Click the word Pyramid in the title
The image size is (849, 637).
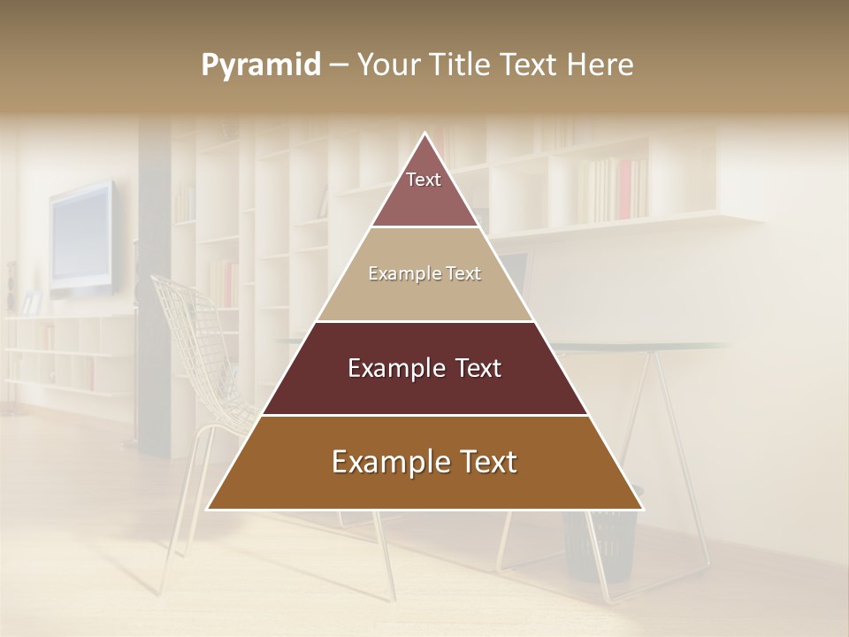click(x=261, y=65)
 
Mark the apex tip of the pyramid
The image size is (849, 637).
click(x=425, y=134)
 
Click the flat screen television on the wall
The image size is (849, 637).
click(x=81, y=237)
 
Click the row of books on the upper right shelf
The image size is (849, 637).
click(x=610, y=189)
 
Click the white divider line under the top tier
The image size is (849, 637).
click(x=424, y=227)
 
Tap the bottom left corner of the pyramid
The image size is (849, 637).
click(x=209, y=509)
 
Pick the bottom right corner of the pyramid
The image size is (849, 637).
click(x=642, y=509)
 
